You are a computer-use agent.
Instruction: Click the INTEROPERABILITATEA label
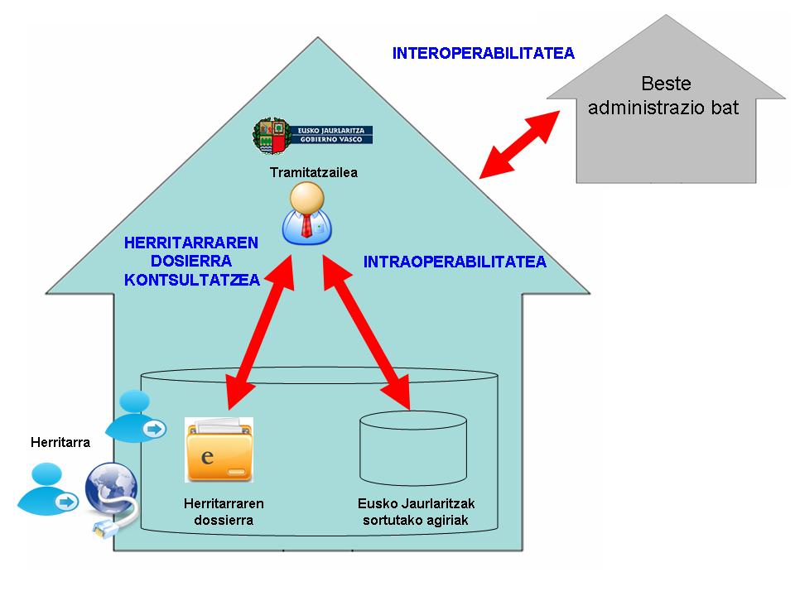[483, 54]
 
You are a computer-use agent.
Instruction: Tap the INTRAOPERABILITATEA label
[455, 262]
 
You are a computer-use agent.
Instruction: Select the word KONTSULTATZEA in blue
[192, 281]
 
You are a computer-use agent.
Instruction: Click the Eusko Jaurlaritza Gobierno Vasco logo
[313, 136]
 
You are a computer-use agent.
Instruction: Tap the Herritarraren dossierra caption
[224, 512]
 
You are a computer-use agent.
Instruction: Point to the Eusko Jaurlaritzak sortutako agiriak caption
[416, 512]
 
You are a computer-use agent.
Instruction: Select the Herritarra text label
[60, 442]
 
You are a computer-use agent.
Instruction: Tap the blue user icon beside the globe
[47, 489]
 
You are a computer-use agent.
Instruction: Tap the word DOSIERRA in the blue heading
[192, 262]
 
